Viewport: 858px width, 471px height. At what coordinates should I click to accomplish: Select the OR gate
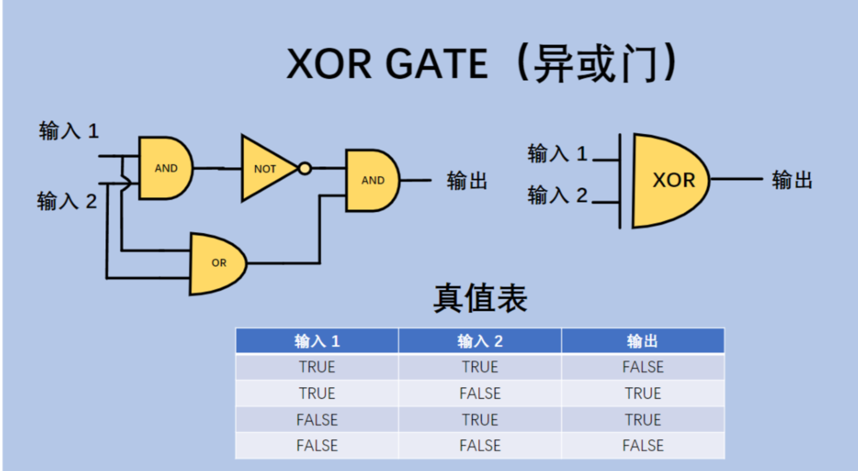click(217, 264)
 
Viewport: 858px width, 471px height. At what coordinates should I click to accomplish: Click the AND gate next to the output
click(372, 180)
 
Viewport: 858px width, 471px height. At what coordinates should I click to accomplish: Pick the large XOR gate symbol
click(669, 180)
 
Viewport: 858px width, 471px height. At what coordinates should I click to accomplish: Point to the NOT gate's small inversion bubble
click(305, 168)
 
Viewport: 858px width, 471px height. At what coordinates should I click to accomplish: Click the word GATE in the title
click(437, 64)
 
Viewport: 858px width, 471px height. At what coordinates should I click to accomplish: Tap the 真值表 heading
click(480, 298)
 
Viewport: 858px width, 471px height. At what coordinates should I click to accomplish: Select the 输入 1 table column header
click(317, 341)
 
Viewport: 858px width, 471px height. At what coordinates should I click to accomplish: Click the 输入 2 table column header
click(480, 341)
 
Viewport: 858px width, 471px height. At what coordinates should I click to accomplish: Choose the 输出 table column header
click(642, 341)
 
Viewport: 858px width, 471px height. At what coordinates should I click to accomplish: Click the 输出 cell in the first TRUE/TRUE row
click(642, 367)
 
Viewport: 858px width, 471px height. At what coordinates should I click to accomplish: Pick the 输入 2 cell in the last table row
click(480, 446)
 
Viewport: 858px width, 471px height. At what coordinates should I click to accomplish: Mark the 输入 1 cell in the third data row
click(317, 420)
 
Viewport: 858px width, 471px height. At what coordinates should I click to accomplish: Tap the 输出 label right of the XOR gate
click(792, 180)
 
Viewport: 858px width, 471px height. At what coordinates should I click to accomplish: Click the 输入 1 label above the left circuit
click(69, 131)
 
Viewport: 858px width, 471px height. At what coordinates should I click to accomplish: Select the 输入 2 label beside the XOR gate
click(557, 195)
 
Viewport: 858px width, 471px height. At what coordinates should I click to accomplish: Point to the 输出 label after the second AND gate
click(467, 181)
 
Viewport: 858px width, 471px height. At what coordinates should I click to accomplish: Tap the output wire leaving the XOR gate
click(737, 179)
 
